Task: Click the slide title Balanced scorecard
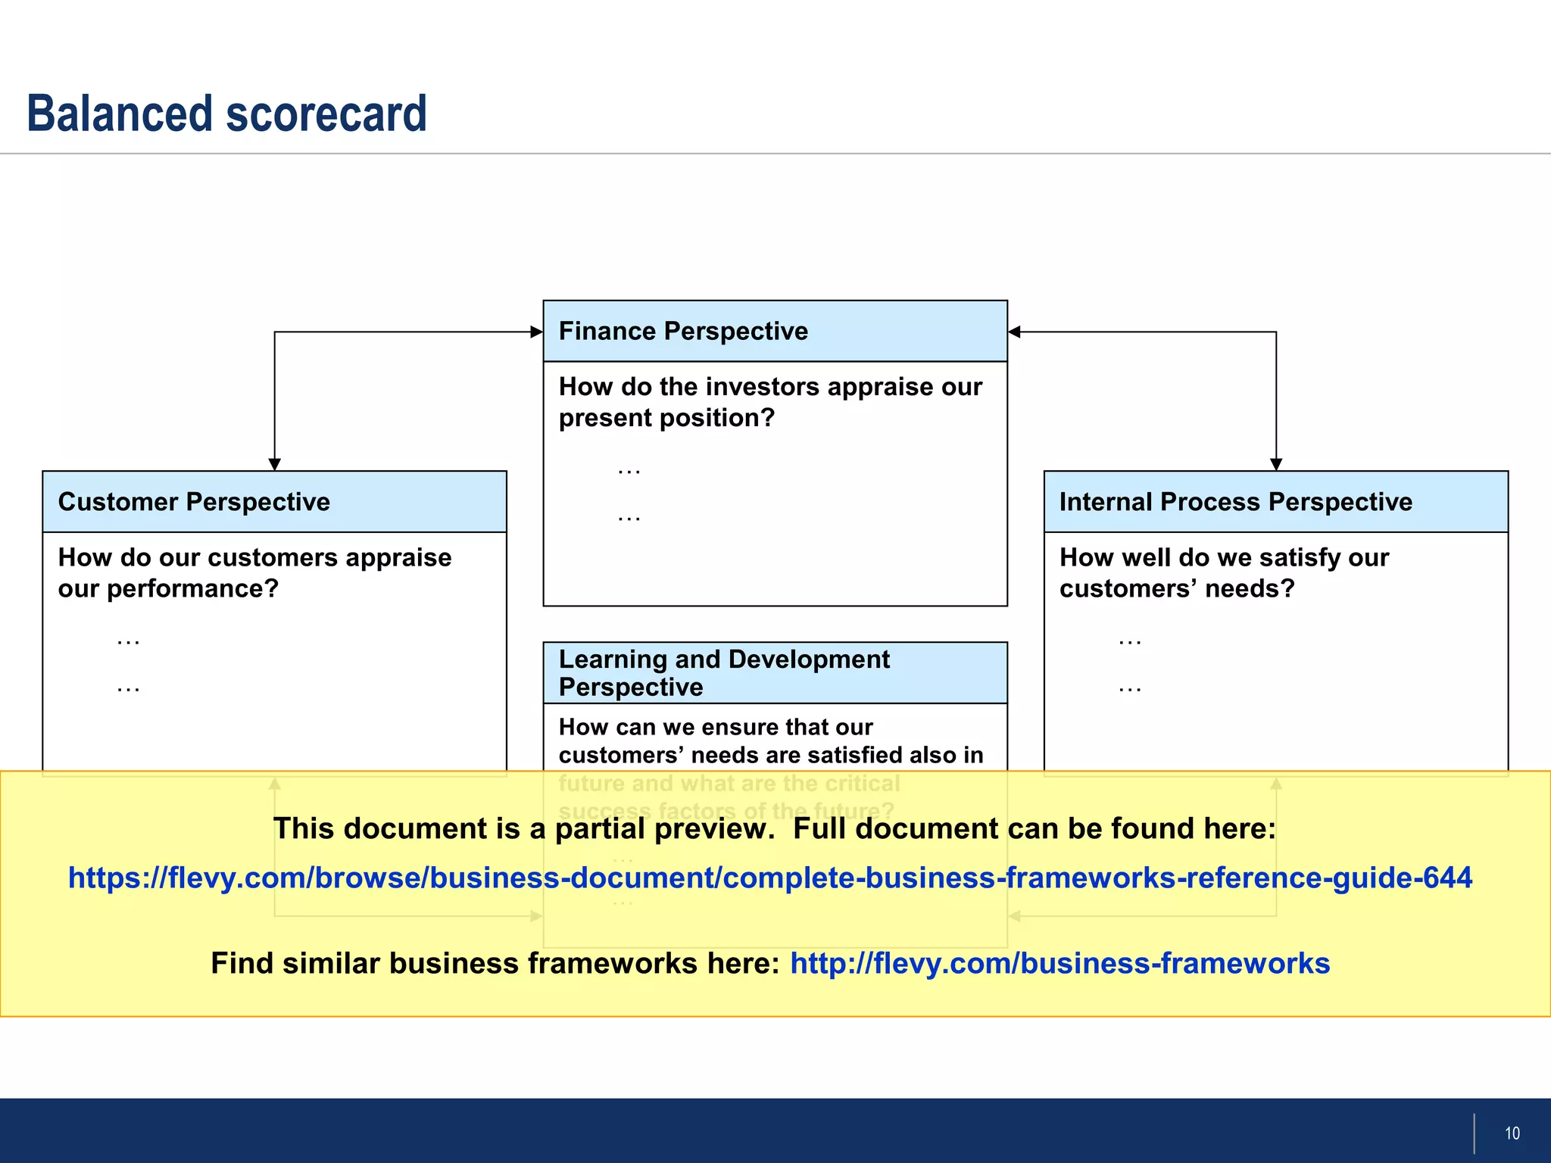point(226,114)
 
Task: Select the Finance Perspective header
point(683,331)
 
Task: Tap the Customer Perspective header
point(194,501)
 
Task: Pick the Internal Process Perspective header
point(1235,501)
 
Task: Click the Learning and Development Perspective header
point(723,672)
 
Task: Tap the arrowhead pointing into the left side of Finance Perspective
point(536,332)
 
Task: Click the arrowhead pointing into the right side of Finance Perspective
point(1015,332)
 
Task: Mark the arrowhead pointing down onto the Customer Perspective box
point(275,464)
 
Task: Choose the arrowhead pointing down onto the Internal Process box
point(1276,464)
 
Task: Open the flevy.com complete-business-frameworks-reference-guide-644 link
point(769,878)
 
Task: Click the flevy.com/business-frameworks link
point(1059,963)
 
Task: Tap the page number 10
point(1512,1133)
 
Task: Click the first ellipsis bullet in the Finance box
point(629,471)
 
